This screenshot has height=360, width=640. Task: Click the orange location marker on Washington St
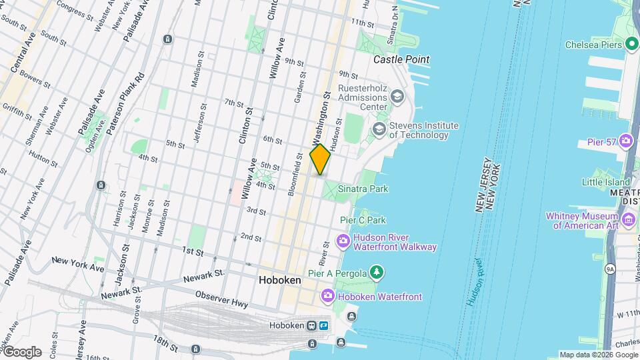320,159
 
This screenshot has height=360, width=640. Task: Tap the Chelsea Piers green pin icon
632,45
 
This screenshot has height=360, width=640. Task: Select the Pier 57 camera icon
626,141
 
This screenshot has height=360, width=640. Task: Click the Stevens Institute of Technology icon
379,129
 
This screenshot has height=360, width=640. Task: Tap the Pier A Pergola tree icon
377,272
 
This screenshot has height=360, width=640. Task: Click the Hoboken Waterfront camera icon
327,296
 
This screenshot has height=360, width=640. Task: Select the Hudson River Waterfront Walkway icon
343,241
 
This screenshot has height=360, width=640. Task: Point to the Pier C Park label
363,220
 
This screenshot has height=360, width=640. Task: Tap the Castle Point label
401,59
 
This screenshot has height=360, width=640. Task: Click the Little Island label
605,182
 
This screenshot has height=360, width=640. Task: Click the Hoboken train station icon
311,325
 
